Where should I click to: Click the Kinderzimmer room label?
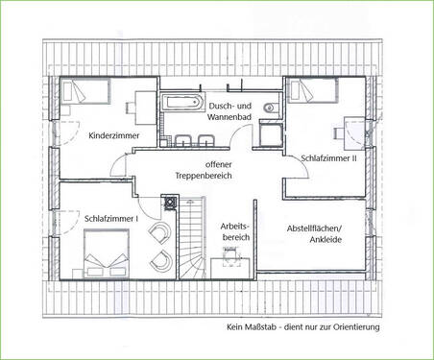click(114, 136)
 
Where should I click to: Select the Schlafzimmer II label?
click(328, 158)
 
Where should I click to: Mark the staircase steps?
click(193, 240)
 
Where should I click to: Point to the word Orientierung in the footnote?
click(353, 326)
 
